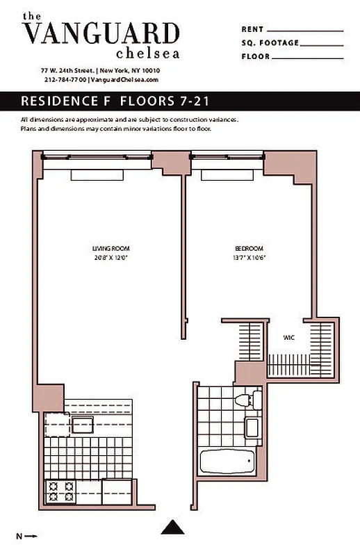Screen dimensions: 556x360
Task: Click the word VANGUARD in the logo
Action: (101, 33)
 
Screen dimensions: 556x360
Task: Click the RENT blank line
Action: (305, 31)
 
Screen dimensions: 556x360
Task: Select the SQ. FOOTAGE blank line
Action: (322, 43)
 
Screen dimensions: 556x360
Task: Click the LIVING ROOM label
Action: (111, 248)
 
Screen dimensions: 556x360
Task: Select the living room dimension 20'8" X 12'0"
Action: (111, 258)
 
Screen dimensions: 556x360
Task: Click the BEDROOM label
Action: (248, 248)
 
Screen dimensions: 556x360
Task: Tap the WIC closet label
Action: (288, 338)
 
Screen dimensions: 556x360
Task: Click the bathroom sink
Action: (252, 427)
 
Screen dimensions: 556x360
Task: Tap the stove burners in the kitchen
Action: (60, 491)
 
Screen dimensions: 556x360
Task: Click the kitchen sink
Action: (83, 425)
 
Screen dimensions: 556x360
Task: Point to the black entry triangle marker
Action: (172, 528)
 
